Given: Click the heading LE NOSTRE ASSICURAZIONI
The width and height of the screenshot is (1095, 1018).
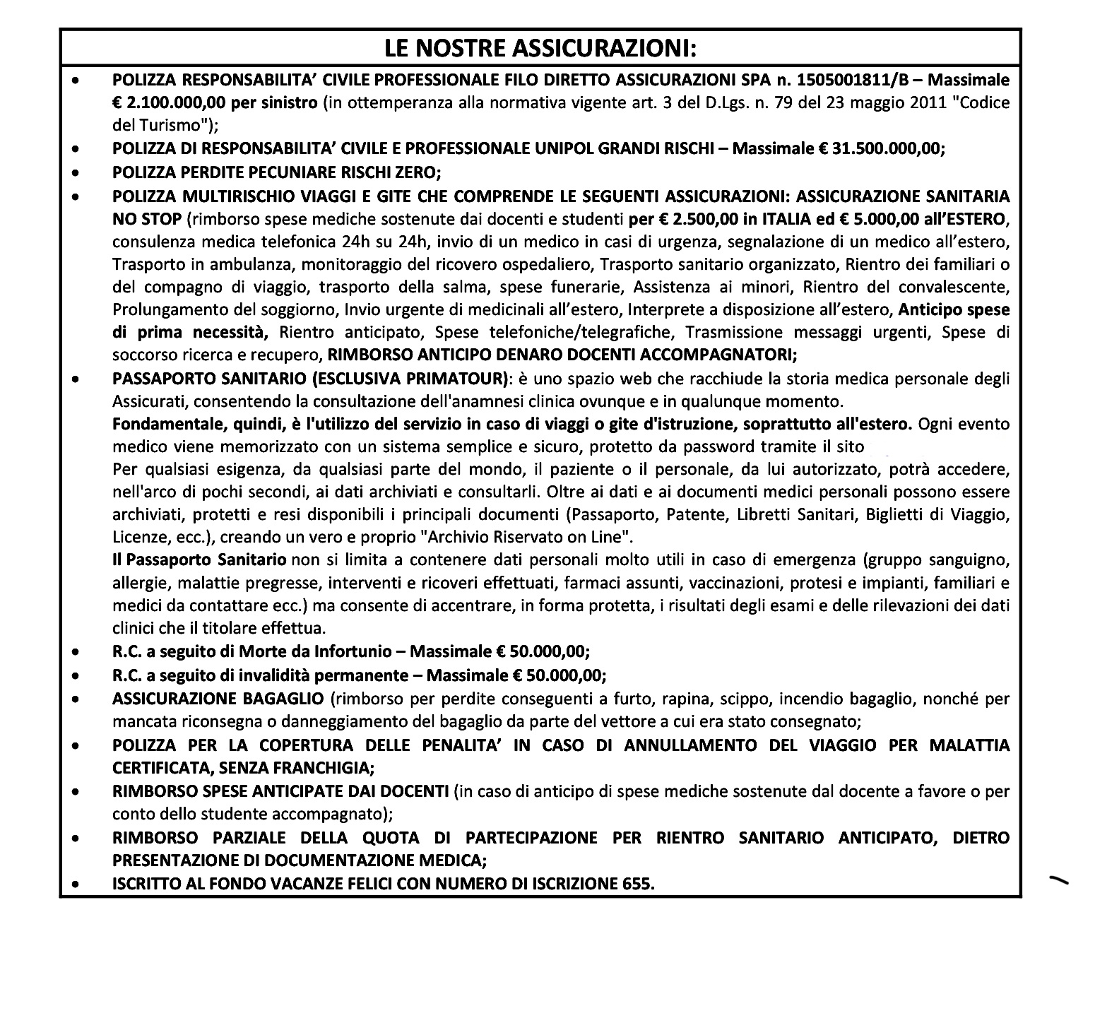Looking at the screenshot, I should tap(540, 48).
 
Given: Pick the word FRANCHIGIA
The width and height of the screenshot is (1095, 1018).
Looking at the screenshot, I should tap(318, 767).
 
